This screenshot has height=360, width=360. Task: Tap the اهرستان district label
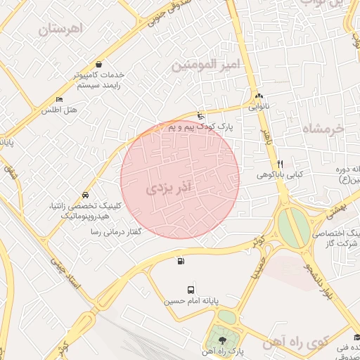tap(61, 29)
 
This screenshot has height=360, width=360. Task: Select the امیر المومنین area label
tap(206, 65)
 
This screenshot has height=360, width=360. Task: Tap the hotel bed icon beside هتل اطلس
tap(59, 100)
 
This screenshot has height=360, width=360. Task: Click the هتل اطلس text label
tap(58, 110)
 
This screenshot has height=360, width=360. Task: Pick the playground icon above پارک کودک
tap(201, 115)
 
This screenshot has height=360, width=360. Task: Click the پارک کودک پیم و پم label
tap(200, 127)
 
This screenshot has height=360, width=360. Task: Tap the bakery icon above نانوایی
tap(259, 96)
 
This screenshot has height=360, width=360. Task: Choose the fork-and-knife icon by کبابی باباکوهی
tap(280, 162)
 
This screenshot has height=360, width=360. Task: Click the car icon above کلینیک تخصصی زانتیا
tap(85, 195)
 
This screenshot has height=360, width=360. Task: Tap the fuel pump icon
tap(182, 262)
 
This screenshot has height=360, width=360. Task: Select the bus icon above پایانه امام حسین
tap(191, 290)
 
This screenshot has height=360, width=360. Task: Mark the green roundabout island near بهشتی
tap(292, 226)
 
